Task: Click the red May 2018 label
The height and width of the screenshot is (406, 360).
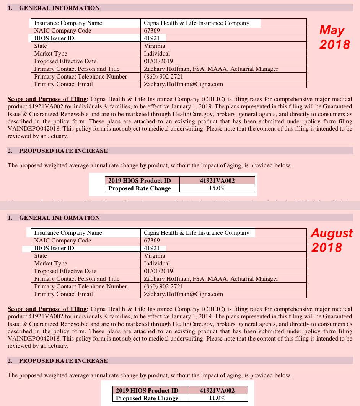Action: pos(335,37)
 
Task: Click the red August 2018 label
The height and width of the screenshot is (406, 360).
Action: pos(332,240)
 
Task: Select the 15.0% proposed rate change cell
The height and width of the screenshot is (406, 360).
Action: pos(217,188)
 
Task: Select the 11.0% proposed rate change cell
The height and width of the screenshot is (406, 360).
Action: pos(217,398)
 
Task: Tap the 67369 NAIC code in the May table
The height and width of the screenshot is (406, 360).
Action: pos(152,31)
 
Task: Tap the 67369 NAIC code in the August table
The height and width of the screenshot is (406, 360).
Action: pos(152,241)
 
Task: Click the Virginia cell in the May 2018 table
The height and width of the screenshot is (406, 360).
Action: pos(155,46)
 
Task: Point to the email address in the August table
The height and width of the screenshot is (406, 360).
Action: pos(183,294)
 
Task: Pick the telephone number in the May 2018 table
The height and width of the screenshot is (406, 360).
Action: pos(163,77)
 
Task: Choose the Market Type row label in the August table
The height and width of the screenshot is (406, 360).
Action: pos(50,264)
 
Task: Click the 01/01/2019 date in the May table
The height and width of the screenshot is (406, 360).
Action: pos(158,61)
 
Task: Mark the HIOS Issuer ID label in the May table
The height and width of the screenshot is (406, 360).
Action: pos(54,38)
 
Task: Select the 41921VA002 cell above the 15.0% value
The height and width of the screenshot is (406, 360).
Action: pos(217,180)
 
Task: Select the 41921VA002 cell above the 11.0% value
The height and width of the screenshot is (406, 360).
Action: pos(217,390)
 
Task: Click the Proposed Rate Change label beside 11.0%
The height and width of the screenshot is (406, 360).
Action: pos(147,398)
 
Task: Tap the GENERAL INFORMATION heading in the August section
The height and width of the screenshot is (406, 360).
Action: pos(59,218)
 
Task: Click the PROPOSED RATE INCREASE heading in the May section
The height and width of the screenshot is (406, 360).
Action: pos(63,151)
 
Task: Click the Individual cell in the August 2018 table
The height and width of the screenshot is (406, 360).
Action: pos(157,264)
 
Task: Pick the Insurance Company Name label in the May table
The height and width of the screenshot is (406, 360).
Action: pos(68,23)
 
